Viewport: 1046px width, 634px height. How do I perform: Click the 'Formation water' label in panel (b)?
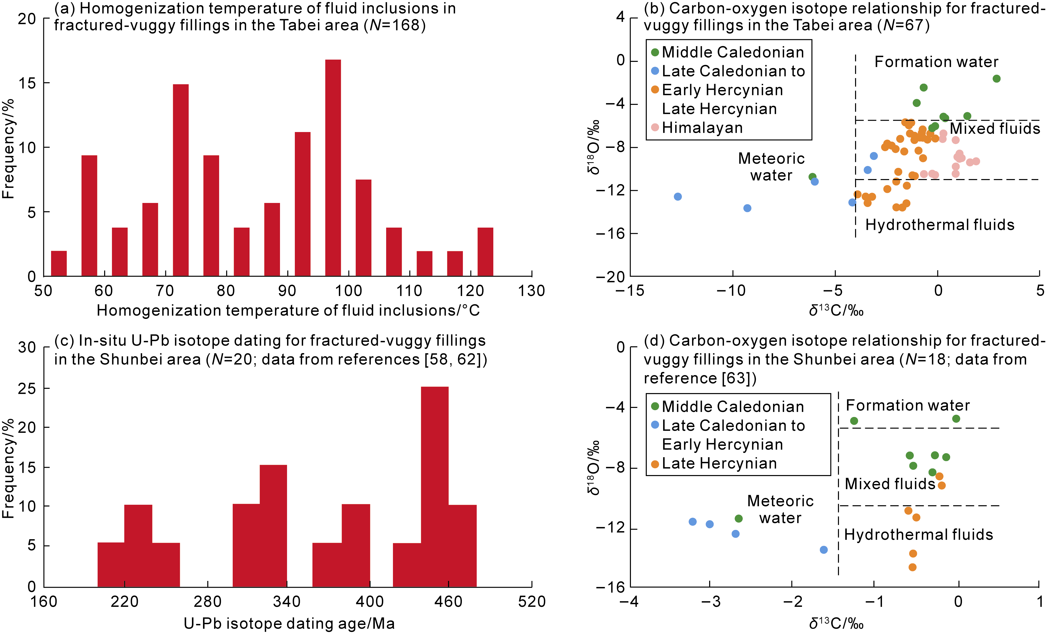[936, 62]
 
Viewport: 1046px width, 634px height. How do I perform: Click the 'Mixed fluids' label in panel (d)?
[890, 484]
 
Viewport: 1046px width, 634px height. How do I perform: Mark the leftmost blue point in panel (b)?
[678, 196]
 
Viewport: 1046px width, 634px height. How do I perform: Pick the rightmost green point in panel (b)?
[997, 78]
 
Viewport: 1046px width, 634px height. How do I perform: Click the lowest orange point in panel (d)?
[912, 567]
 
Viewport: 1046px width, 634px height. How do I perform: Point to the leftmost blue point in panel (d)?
[692, 522]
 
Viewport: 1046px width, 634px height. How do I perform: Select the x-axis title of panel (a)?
[288, 311]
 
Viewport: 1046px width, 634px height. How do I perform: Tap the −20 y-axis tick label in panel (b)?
[610, 277]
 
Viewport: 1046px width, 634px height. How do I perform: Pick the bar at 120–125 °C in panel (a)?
[485, 252]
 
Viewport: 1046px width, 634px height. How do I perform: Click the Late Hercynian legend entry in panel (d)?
[719, 463]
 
